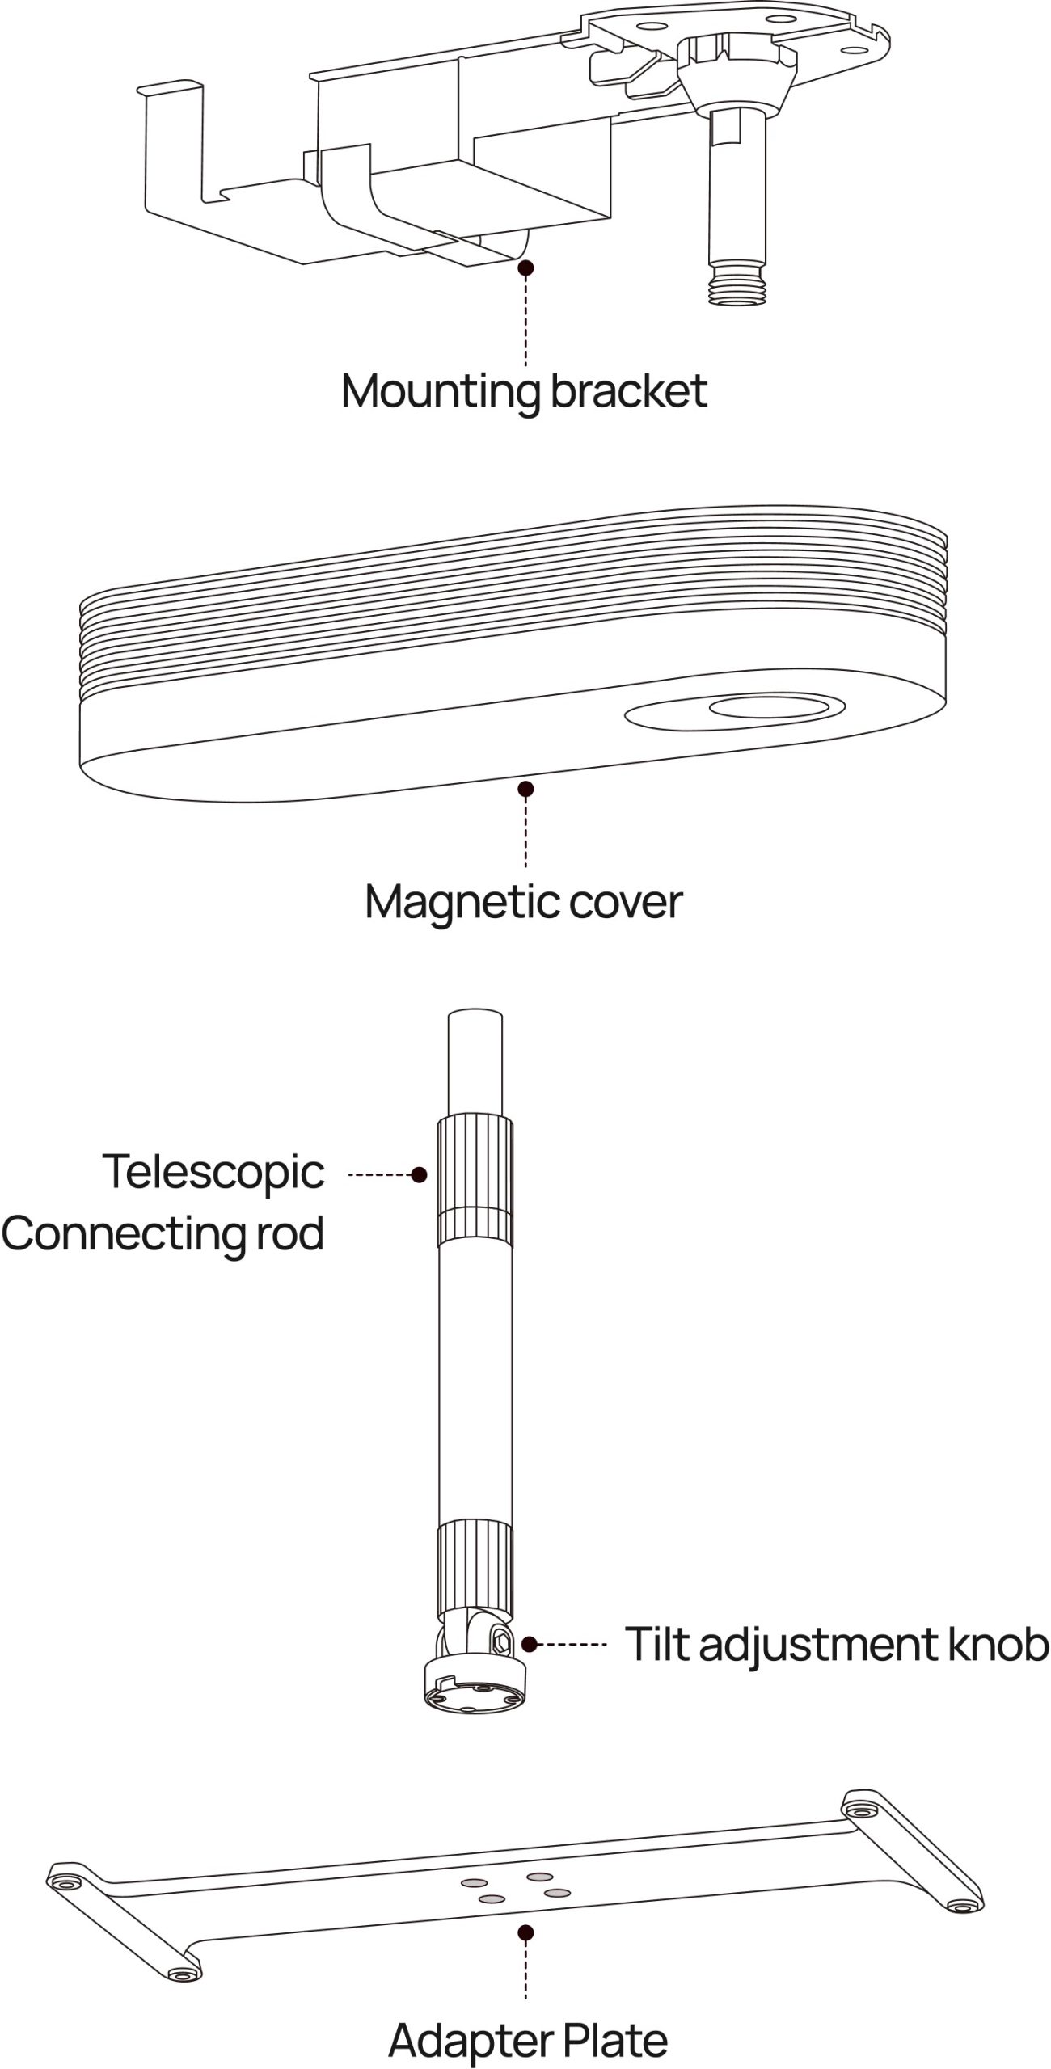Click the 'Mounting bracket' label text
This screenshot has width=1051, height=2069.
524,392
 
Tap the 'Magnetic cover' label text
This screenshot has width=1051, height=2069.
524,902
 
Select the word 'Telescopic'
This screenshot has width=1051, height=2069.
213,1174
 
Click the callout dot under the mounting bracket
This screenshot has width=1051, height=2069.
526,268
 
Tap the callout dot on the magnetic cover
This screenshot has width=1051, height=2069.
526,789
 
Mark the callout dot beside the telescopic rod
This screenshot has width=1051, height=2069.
419,1175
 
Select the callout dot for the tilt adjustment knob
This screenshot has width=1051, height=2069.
530,1644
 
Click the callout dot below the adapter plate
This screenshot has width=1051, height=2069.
526,1933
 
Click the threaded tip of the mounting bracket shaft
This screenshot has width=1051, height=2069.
735,286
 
